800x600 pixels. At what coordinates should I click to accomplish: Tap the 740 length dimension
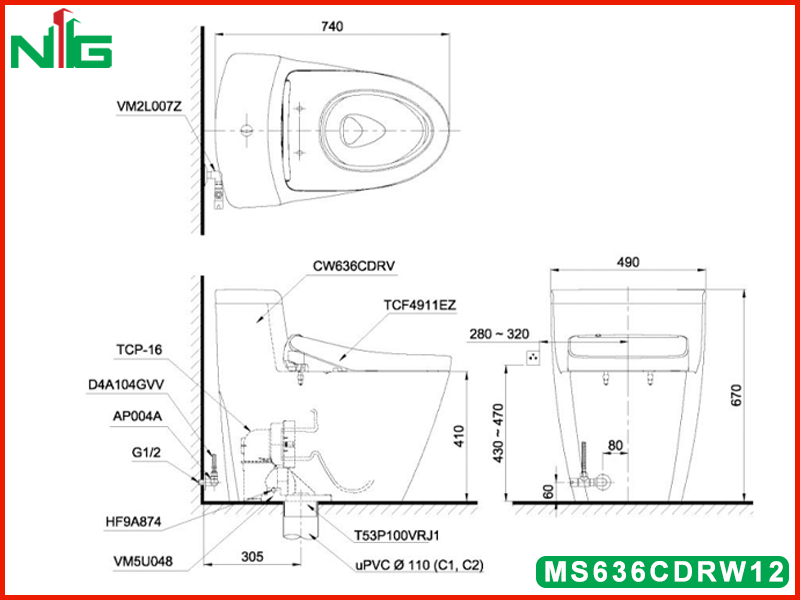(x=332, y=26)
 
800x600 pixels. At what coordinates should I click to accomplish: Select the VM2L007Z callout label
(x=148, y=107)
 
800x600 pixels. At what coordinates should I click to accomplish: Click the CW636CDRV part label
(x=354, y=266)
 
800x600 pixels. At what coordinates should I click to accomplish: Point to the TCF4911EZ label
(x=420, y=305)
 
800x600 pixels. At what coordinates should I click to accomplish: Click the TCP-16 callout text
(x=139, y=350)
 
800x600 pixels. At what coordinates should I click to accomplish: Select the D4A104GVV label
(x=126, y=385)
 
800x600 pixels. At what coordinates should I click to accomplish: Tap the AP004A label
(x=137, y=416)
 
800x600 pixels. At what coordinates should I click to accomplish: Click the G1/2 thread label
(x=146, y=452)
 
